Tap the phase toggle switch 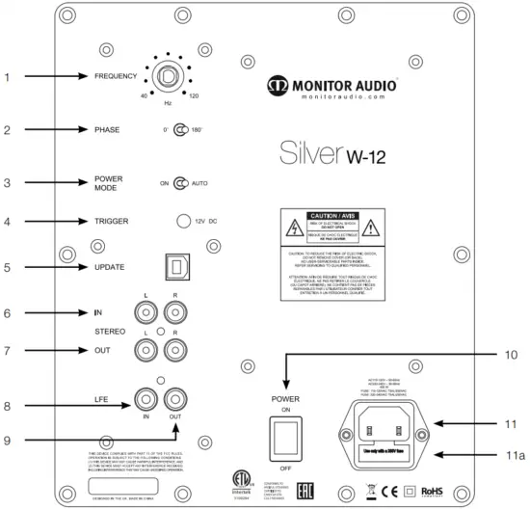click(x=179, y=129)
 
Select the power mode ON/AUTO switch click(x=180, y=181)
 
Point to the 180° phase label click(x=198, y=129)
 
